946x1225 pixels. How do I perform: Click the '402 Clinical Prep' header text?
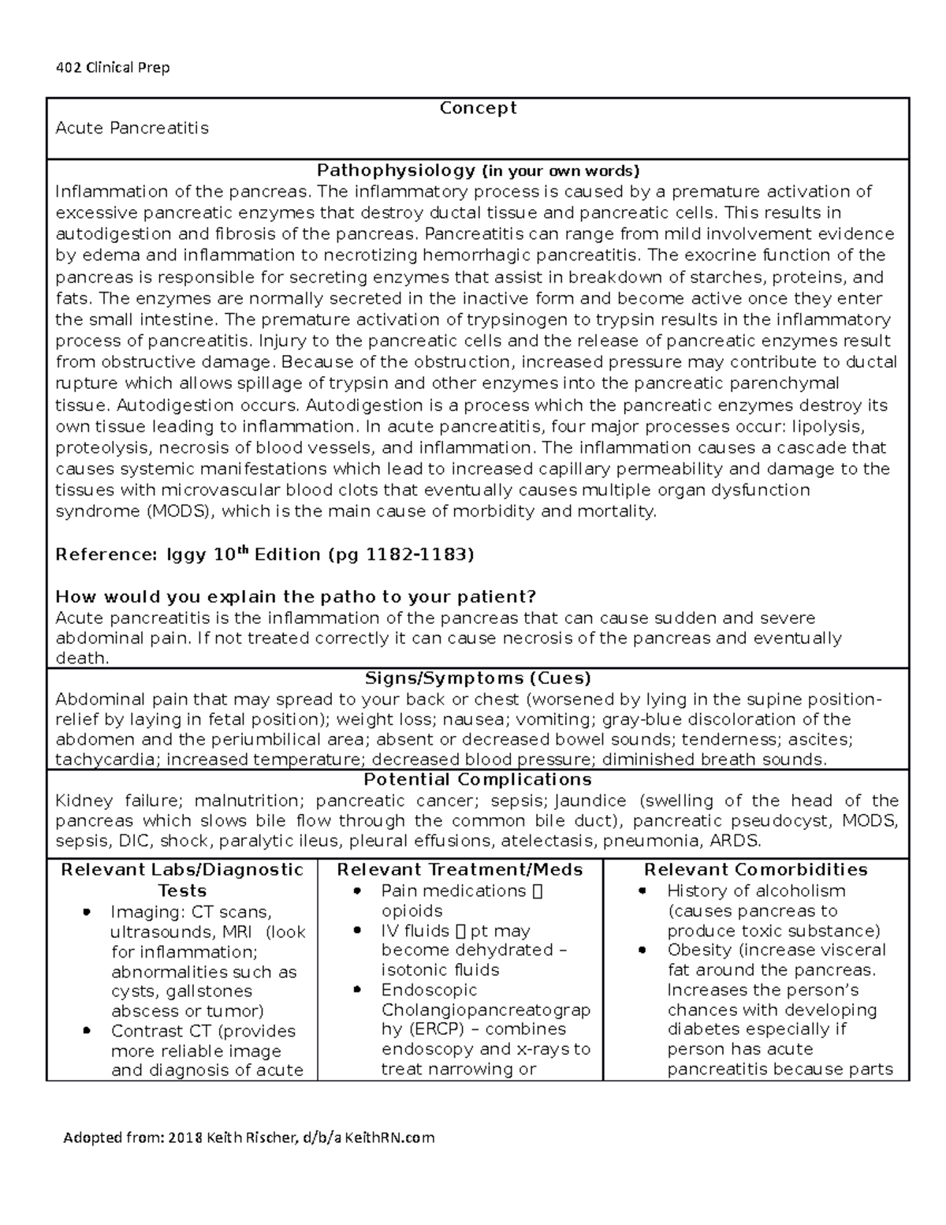tap(113, 67)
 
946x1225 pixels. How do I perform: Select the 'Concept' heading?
tap(478, 107)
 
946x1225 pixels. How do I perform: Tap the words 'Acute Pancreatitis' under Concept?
tap(132, 128)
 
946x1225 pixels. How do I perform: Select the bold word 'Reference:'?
tap(106, 555)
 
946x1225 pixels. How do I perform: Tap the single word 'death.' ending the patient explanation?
tap(81, 658)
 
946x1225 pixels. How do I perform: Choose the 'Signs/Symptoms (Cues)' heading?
tap(478, 678)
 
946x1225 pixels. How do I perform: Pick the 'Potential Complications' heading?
tap(478, 780)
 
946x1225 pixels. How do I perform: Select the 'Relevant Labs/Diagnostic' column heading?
tap(182, 869)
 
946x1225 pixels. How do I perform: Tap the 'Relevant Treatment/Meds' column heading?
tap(460, 869)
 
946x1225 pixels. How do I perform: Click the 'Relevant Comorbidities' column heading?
tap(755, 869)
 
